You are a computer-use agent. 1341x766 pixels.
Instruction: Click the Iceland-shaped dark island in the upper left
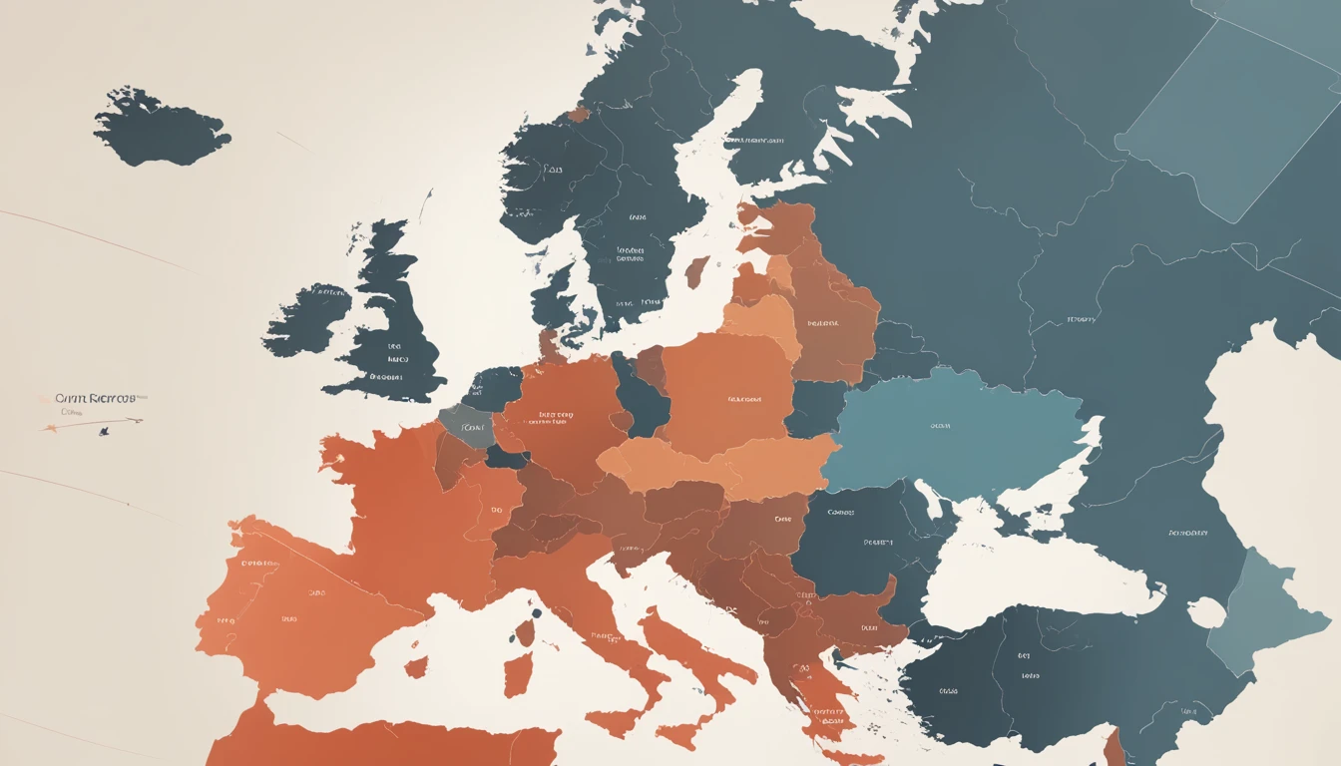pos(160,128)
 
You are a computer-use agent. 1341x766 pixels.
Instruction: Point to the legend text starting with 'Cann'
pos(97,399)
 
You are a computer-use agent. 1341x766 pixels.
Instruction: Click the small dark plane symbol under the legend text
pos(103,432)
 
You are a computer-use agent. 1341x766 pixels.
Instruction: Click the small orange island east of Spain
pos(417,666)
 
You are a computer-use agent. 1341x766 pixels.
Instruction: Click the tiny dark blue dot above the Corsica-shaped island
pos(537,613)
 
